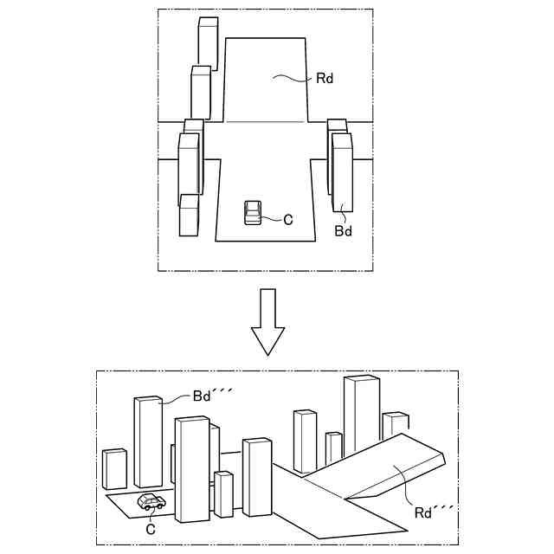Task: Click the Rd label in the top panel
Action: (325, 79)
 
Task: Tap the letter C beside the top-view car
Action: (288, 220)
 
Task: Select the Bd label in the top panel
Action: (344, 232)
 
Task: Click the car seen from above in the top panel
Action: (253, 212)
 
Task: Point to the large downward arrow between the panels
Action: (267, 322)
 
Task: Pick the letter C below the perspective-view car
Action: (150, 528)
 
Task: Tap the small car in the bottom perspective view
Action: (151, 501)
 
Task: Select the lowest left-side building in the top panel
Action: (190, 216)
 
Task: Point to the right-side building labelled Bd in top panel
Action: (342, 173)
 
